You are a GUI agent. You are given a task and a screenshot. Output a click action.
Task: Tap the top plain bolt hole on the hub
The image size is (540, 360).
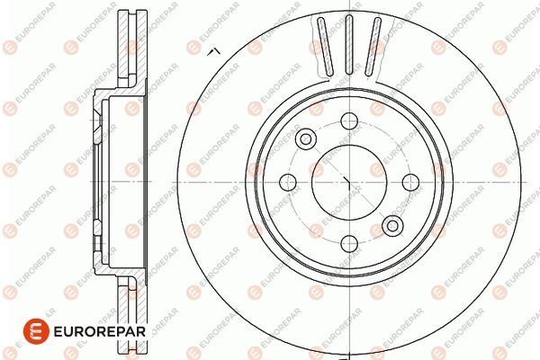tap(348, 119)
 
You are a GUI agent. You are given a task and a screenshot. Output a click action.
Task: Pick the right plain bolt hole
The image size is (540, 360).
tap(409, 181)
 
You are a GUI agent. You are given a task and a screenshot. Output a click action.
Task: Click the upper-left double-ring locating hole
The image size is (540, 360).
tap(305, 139)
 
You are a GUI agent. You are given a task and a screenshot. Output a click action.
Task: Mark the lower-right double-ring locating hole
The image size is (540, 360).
tap(392, 224)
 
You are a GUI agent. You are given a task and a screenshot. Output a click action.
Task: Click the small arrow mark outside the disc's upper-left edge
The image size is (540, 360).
tap(212, 54)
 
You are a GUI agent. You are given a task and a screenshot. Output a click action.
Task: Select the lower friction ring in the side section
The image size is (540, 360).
tap(128, 310)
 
